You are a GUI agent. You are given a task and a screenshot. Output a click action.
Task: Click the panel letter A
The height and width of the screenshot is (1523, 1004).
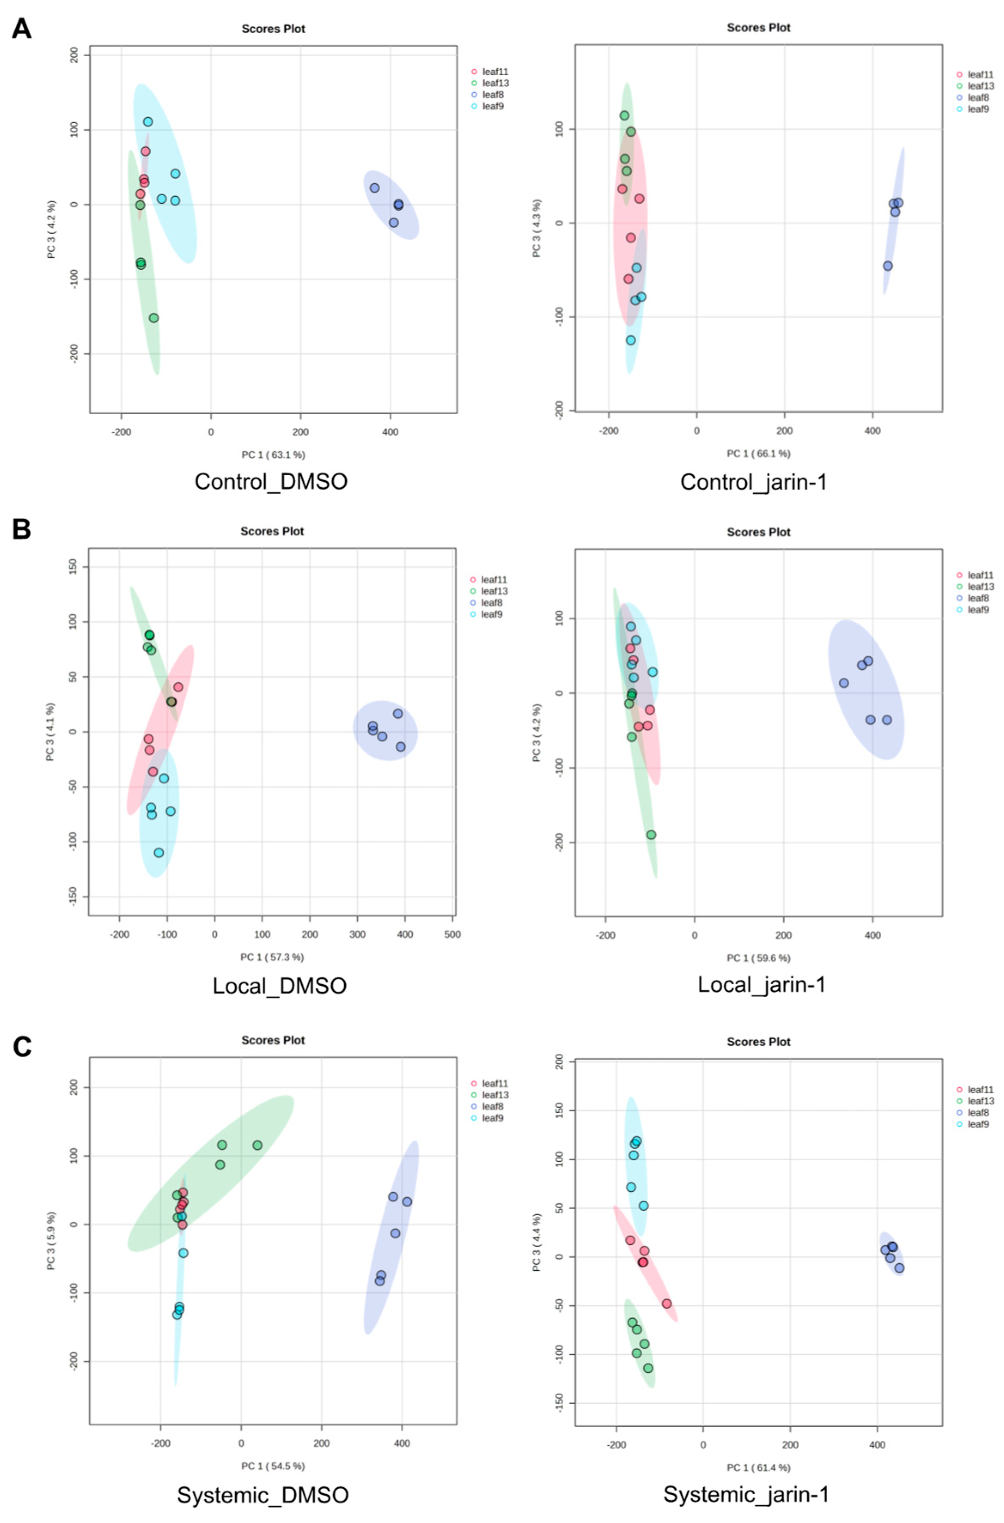22,29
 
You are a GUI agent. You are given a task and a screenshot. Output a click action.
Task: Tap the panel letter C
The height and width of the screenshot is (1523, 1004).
22,1047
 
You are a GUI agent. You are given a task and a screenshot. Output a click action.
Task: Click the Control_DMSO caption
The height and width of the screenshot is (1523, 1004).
271,482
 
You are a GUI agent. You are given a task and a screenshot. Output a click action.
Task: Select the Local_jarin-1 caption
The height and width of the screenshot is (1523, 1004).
761,984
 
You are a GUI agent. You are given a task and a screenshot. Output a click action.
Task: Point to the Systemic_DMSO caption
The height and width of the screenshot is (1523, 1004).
262,1495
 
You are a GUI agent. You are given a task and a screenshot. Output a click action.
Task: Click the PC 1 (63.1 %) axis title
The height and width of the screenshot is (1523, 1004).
273,455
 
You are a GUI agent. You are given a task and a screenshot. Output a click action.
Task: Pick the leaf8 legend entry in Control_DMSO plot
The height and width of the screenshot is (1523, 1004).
493,95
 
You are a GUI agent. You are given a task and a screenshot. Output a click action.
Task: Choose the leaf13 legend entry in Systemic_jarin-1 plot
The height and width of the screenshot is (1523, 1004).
981,1101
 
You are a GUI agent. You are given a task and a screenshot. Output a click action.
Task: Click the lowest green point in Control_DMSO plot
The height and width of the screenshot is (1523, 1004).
154,318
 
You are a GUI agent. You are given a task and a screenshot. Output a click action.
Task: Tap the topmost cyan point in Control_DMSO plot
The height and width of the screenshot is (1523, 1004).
148,122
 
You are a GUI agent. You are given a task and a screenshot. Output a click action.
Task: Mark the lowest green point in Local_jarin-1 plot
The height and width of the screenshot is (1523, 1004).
651,834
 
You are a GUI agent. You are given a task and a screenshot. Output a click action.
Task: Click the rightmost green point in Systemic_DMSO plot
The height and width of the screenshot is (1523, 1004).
257,1145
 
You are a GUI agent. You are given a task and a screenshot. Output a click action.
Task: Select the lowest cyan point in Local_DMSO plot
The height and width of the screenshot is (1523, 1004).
159,852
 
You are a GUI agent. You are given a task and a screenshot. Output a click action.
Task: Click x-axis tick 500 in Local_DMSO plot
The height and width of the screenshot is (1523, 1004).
452,934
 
